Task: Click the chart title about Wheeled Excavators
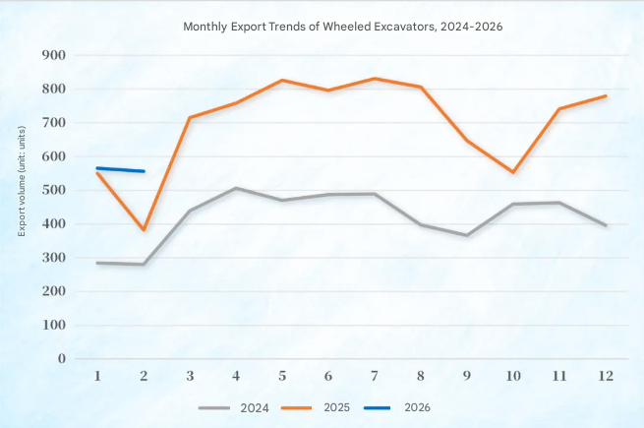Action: tap(343, 27)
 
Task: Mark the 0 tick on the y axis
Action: tap(61, 359)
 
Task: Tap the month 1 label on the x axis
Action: tap(97, 376)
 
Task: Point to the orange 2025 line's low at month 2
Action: tap(145, 230)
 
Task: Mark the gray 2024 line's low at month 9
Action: tap(466, 235)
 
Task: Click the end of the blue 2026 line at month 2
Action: tap(145, 171)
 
